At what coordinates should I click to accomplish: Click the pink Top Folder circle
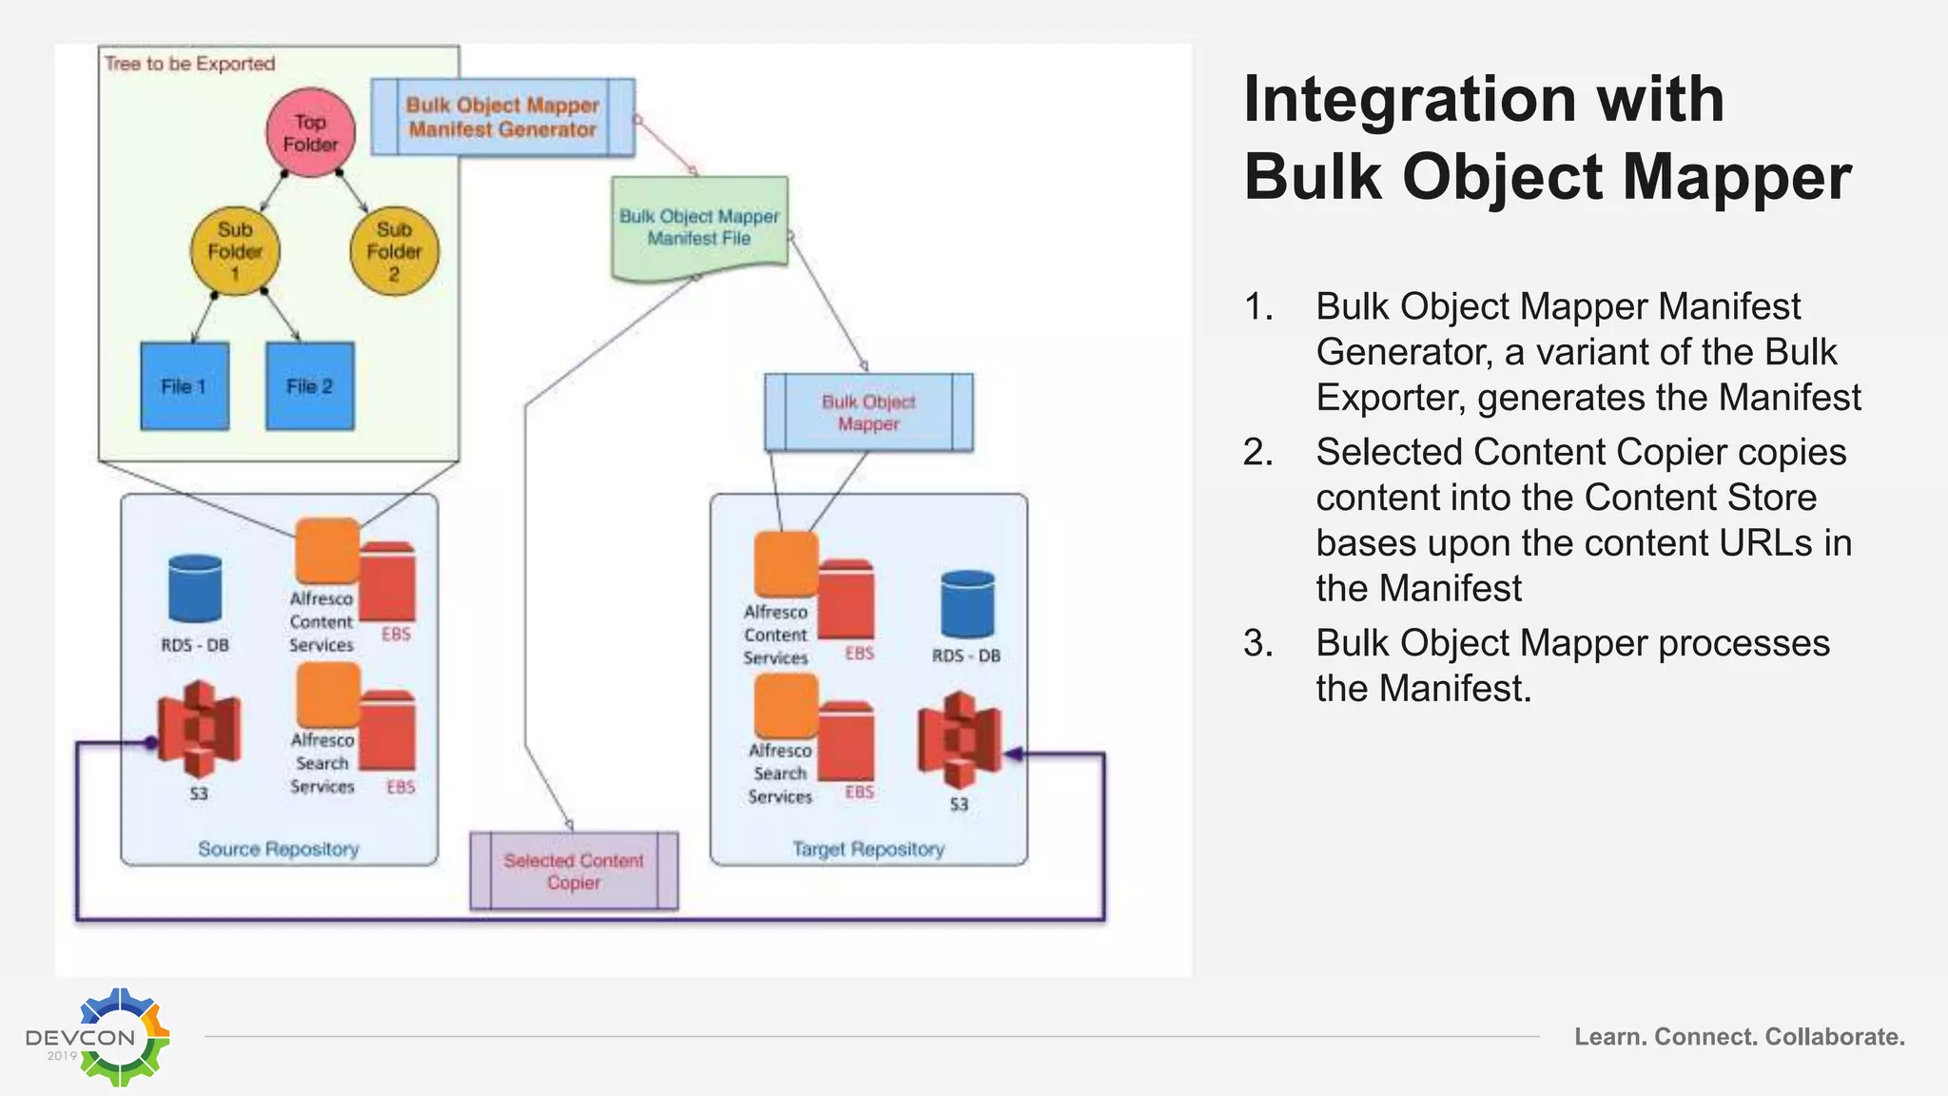pyautogui.click(x=310, y=133)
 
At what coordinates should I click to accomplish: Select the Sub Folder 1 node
pyautogui.click(x=235, y=252)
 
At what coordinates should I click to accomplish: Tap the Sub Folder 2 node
pyautogui.click(x=394, y=252)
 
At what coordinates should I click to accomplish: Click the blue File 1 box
pyautogui.click(x=185, y=386)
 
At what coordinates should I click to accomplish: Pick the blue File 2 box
pyautogui.click(x=310, y=386)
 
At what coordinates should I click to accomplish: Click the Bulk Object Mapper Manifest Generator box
pyautogui.click(x=502, y=117)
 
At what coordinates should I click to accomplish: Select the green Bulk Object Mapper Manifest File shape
pyautogui.click(x=699, y=228)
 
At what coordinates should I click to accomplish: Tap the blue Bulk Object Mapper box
pyautogui.click(x=868, y=413)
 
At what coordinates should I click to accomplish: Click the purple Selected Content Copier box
pyautogui.click(x=574, y=871)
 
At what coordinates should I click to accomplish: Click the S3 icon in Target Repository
pyautogui.click(x=960, y=741)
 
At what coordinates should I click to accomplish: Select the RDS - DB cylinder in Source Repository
pyautogui.click(x=195, y=589)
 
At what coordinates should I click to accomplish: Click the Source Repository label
pyautogui.click(x=279, y=849)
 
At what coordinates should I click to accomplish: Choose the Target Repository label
pyautogui.click(x=868, y=849)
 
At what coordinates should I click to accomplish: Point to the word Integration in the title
pyautogui.click(x=1483, y=99)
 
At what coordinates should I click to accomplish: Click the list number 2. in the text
pyautogui.click(x=1258, y=453)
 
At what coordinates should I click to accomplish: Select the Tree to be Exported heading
pyautogui.click(x=189, y=64)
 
